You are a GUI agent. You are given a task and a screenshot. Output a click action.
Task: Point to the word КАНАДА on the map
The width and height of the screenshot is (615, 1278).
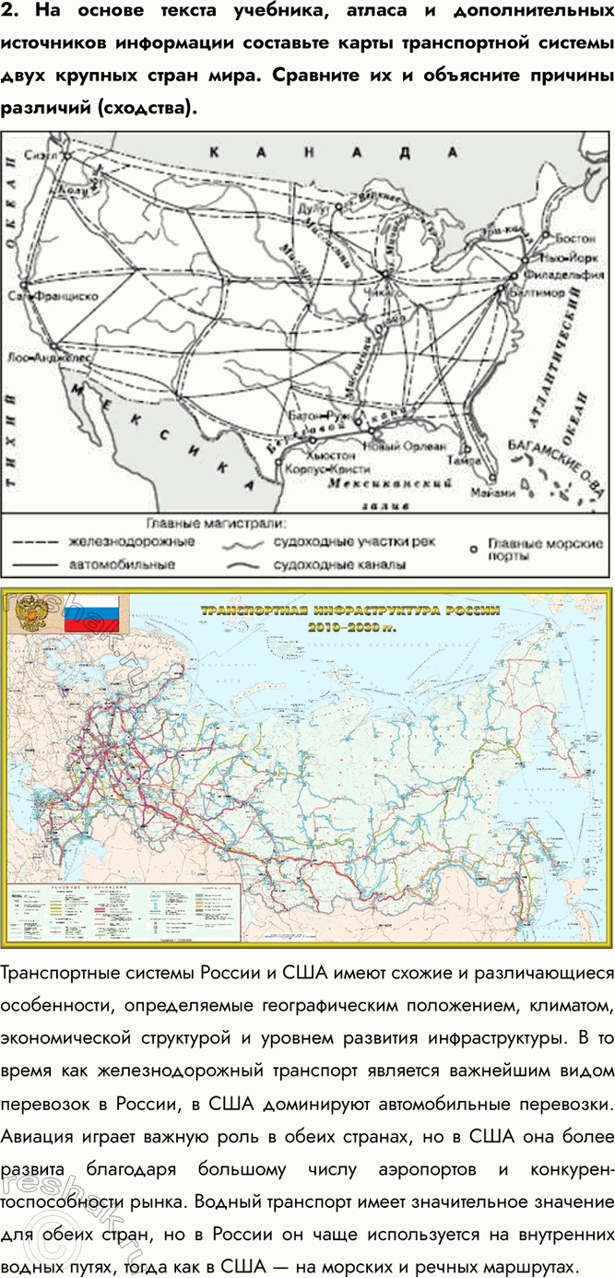click(x=332, y=152)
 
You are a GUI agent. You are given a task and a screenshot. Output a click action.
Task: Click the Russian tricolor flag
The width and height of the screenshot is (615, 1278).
click(x=96, y=612)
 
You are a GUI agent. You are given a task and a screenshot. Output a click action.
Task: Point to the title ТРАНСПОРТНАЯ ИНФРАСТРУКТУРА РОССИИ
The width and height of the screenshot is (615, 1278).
click(x=350, y=609)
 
